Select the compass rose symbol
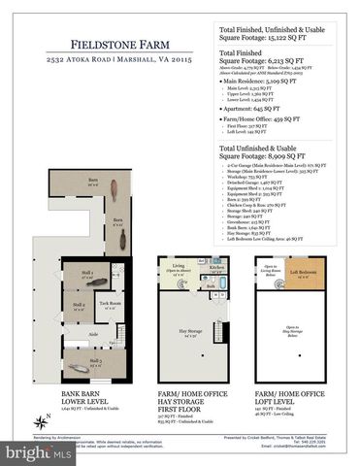click(x=42, y=420)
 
